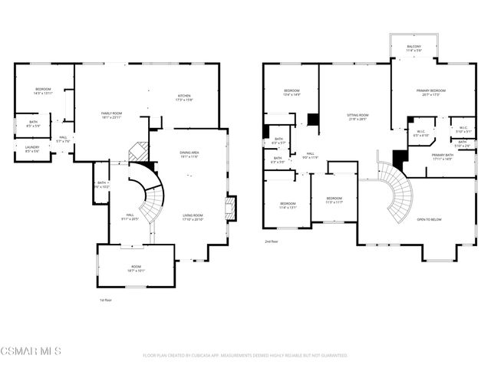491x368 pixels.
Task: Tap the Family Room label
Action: tap(112, 115)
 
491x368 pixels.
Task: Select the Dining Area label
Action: tap(188, 155)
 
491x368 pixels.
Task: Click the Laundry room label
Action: tap(31, 149)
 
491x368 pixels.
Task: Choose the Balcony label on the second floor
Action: tap(414, 48)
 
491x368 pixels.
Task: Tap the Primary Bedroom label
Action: tap(431, 93)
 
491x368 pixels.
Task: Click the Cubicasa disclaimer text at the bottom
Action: tap(245, 356)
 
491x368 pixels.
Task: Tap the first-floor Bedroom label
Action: tap(42, 91)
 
